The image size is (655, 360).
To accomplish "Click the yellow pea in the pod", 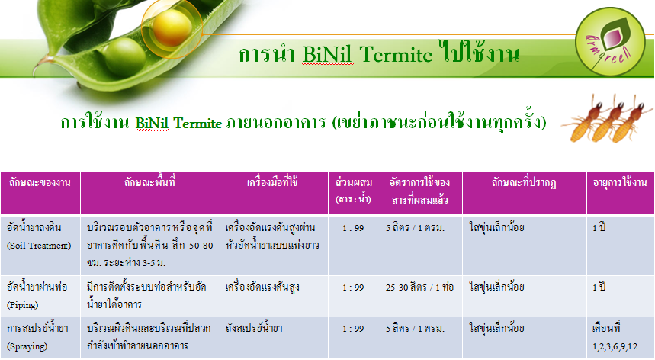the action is click(x=172, y=28).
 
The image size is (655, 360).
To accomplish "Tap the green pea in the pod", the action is click(x=125, y=56).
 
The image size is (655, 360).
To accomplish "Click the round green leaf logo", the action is click(x=610, y=41).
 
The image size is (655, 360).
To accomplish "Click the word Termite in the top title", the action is click(x=395, y=55).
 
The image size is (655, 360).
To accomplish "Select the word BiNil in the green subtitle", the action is click(x=152, y=123).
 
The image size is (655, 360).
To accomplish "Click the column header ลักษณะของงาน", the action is click(x=40, y=182).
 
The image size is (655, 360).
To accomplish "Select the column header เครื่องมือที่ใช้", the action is click(x=272, y=182).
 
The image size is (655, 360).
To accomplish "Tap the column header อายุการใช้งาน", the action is click(x=620, y=182).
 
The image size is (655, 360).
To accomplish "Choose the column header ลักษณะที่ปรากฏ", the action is click(x=524, y=183).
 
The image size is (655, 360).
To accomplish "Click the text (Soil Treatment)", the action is click(x=39, y=246).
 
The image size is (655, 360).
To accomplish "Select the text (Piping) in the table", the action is click(x=23, y=305).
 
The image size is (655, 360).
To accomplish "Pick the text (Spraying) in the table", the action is click(x=27, y=346).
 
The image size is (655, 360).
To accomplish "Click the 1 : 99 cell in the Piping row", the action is click(x=353, y=288).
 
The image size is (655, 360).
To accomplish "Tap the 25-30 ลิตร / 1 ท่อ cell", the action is click(x=419, y=288).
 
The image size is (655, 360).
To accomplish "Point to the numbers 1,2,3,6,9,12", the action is click(x=615, y=346).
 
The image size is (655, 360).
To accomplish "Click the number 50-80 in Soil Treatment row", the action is click(x=201, y=246).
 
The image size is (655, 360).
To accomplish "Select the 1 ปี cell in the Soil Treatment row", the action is click(x=599, y=228).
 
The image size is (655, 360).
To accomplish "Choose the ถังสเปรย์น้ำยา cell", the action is click(x=254, y=328).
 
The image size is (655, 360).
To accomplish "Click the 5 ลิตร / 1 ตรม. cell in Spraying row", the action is click(x=415, y=329).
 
